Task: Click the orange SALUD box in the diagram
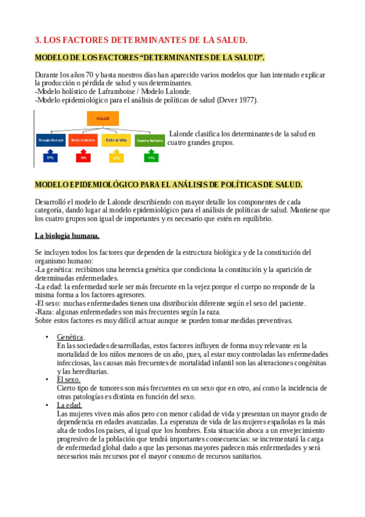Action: pos(102,118)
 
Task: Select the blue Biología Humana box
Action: pos(51,140)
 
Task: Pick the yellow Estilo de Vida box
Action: pos(116,140)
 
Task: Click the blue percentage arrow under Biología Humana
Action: pos(51,157)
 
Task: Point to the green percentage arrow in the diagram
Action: pos(150,157)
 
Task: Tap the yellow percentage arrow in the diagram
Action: pos(116,157)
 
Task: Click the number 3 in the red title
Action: pos(37,40)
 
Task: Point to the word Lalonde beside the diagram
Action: pos(183,134)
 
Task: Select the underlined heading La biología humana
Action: pos(67,235)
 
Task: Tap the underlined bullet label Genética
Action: pos(70,337)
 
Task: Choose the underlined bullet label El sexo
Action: pos(68,379)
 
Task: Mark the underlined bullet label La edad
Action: pos(69,405)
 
